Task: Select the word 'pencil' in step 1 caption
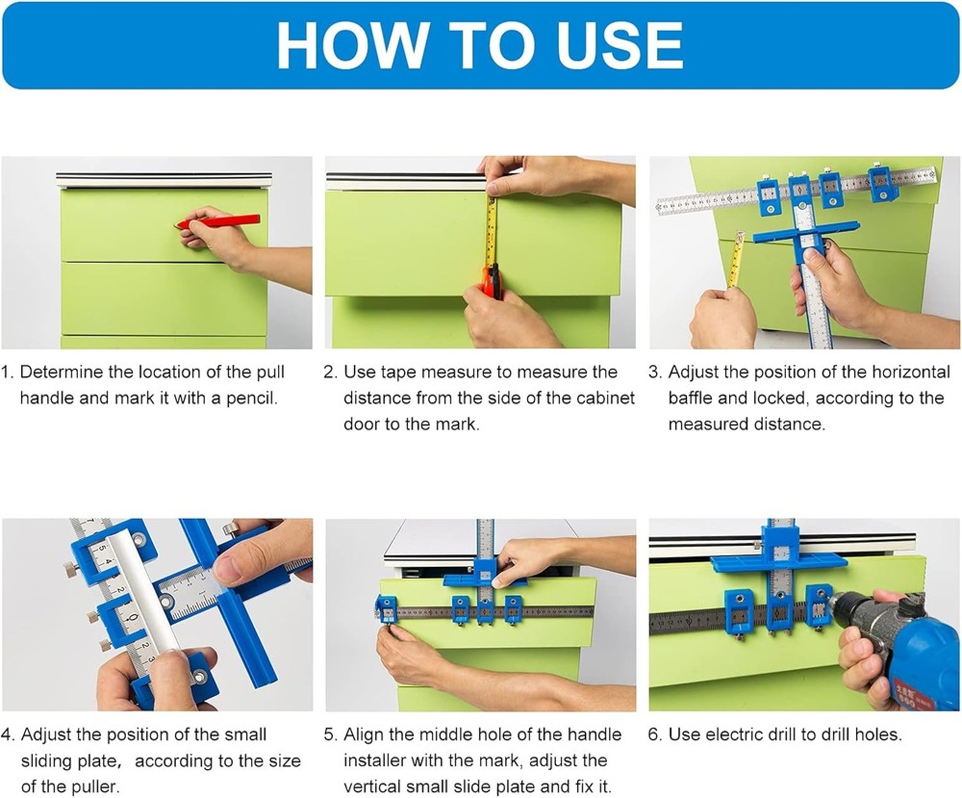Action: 251,398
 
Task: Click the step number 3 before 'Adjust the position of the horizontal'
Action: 655,372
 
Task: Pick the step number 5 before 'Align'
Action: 331,734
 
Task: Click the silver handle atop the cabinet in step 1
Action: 164,179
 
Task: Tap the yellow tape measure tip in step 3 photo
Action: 739,237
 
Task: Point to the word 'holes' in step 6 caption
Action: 874,734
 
